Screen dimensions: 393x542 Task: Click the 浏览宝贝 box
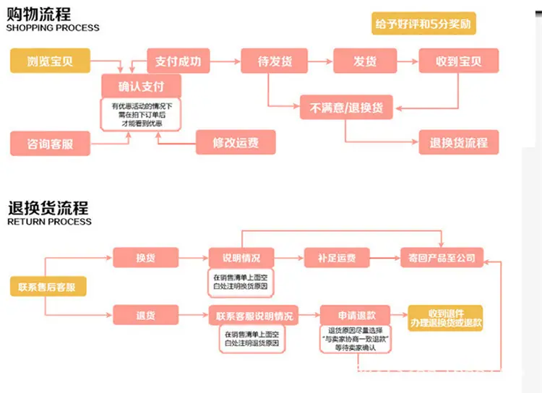pos(50,61)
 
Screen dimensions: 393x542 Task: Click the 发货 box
pos(364,61)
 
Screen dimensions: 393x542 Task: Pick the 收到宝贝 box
pos(458,61)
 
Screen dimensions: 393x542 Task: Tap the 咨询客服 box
pos(50,144)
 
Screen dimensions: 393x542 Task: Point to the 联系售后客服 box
pos(47,287)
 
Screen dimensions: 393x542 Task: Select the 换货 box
pos(145,258)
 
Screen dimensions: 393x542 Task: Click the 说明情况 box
pos(241,258)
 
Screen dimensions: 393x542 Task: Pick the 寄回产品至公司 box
pos(442,258)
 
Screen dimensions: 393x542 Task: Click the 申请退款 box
pos(355,316)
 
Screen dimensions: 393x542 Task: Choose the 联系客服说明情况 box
pos(254,316)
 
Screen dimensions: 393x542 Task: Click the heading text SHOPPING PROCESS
pos(53,28)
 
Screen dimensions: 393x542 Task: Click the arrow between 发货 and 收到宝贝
pos(407,61)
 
